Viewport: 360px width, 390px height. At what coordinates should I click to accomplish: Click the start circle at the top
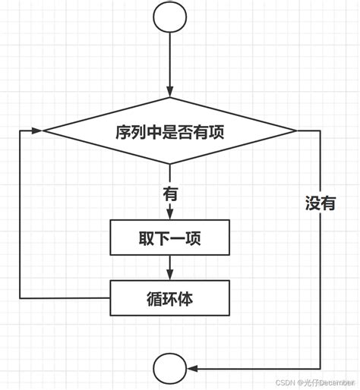[x=169, y=17]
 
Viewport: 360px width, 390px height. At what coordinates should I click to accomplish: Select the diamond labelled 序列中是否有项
[x=169, y=131]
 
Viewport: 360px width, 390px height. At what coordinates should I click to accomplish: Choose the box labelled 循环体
[x=169, y=298]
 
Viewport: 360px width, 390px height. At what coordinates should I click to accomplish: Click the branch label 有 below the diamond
[x=169, y=193]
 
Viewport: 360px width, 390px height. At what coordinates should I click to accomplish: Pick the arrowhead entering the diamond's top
[x=169, y=94]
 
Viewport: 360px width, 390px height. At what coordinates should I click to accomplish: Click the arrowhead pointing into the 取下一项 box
[x=169, y=215]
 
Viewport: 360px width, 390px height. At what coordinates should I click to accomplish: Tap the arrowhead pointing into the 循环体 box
[x=169, y=275]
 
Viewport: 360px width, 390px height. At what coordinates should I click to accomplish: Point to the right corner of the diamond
[x=296, y=131]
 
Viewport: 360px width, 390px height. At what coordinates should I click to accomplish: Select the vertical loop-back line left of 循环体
[x=21, y=220]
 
